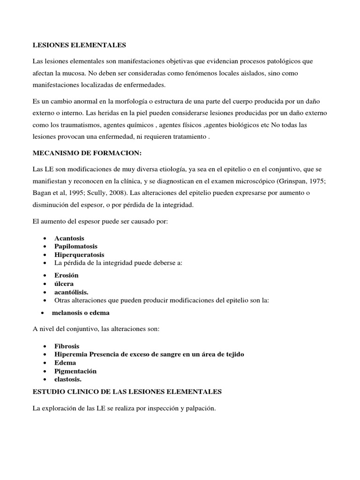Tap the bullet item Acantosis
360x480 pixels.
click(x=69, y=238)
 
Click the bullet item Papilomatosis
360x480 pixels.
click(x=75, y=247)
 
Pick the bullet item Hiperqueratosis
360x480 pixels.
click(x=79, y=255)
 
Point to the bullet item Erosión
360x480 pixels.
click(x=67, y=275)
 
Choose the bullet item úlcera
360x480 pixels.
click(x=64, y=284)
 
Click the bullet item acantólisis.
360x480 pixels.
click(x=71, y=292)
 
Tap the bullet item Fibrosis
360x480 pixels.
click(x=67, y=346)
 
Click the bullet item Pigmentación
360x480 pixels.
click(x=75, y=371)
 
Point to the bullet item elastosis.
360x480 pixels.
click(x=68, y=379)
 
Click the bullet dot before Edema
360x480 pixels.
click(x=44, y=363)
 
